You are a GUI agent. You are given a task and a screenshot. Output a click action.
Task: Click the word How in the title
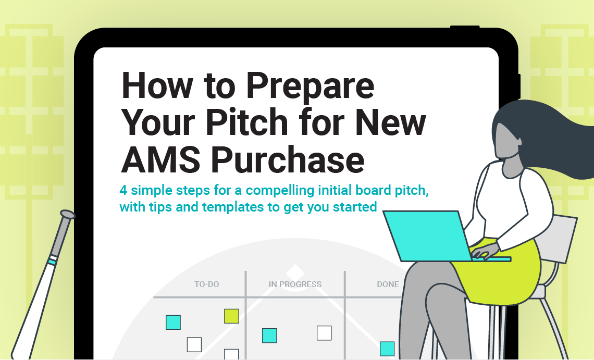coord(157,85)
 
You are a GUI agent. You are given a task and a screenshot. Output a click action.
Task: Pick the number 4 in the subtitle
coord(123,190)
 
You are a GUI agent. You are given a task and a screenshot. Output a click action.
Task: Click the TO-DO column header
coord(206,284)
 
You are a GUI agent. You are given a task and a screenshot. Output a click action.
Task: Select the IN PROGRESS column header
coord(295,284)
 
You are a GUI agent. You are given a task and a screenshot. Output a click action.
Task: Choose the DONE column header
coord(388,284)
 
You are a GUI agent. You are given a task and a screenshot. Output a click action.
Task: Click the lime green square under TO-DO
coord(231,316)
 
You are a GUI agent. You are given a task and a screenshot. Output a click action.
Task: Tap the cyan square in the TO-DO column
coord(173,322)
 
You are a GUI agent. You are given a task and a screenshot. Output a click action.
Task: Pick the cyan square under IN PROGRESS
coord(269,336)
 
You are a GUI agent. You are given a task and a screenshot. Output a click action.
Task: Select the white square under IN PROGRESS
coord(324,333)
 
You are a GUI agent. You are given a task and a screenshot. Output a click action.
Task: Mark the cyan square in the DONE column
coord(387,349)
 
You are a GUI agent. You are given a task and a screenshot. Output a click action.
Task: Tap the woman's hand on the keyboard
coord(484,251)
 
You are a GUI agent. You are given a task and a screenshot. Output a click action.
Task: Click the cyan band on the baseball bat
coord(52,260)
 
